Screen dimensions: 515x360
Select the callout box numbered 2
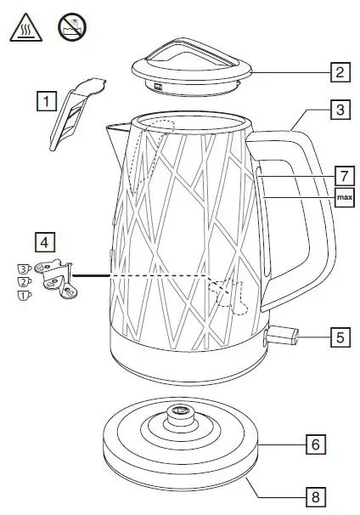pyautogui.click(x=340, y=71)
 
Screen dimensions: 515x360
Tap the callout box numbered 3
pyautogui.click(x=340, y=110)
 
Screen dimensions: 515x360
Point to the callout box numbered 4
pyautogui.click(x=47, y=240)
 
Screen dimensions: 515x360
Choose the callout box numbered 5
pyautogui.click(x=340, y=337)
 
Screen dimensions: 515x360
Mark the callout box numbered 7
pyautogui.click(x=343, y=176)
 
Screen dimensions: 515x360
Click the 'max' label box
pyautogui.click(x=344, y=199)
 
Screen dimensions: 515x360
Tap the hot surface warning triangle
pyautogui.click(x=24, y=28)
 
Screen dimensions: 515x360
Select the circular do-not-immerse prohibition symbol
pyautogui.click(x=71, y=27)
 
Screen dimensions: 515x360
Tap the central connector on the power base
pyautogui.click(x=181, y=413)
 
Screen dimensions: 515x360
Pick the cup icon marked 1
pyautogui.click(x=25, y=296)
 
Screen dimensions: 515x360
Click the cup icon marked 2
pyautogui.click(x=25, y=282)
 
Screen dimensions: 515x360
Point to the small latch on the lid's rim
pyautogui.click(x=159, y=86)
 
